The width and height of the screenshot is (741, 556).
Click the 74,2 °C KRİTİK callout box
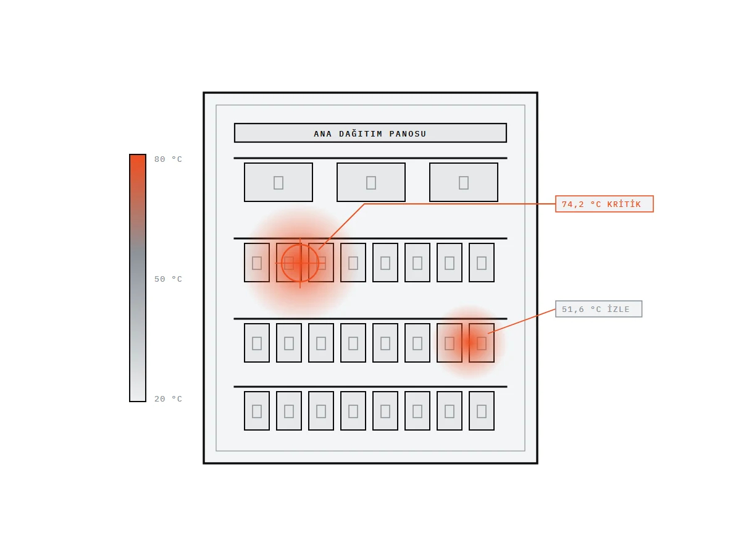[x=604, y=204]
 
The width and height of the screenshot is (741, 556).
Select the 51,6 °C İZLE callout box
[x=598, y=309]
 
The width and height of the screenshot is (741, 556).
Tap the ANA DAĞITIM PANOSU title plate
[x=370, y=133]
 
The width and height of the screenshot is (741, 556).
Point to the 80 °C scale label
[x=168, y=159]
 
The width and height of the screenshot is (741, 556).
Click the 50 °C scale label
[x=168, y=279]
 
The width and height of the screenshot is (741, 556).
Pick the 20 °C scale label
[x=168, y=398]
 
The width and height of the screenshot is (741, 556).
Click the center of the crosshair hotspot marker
[x=299, y=263]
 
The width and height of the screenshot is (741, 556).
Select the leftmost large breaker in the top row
[x=278, y=182]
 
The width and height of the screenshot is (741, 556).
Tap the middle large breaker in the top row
[x=371, y=182]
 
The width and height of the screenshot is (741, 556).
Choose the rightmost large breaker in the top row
[x=464, y=182]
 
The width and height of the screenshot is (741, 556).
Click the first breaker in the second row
[x=256, y=263]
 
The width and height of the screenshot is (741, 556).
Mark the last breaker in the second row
[x=482, y=263]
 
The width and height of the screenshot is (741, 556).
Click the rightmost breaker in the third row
[x=482, y=343]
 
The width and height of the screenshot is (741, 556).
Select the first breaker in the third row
[x=256, y=343]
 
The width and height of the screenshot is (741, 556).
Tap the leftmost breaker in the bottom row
[x=256, y=410]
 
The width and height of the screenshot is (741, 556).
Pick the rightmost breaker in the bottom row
[x=482, y=410]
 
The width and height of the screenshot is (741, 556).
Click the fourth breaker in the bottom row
[x=353, y=410]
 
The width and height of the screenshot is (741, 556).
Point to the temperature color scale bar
[x=138, y=278]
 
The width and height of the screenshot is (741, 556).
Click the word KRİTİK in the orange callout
[x=624, y=204]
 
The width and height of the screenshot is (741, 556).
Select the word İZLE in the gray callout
[x=618, y=309]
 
